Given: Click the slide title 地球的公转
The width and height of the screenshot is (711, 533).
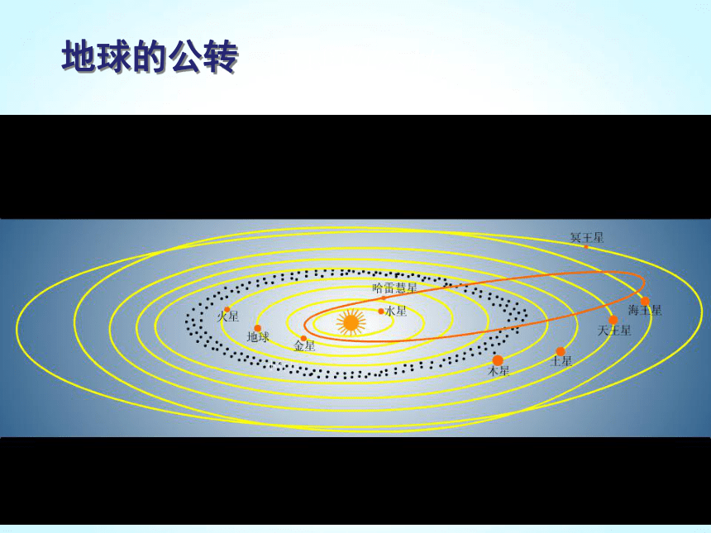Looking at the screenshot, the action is click(x=150, y=57).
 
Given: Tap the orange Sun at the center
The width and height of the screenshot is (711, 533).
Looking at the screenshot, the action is click(x=351, y=322).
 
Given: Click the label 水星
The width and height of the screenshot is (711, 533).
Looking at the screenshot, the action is click(x=396, y=311).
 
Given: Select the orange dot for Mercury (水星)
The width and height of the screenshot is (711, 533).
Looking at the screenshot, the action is click(x=381, y=311).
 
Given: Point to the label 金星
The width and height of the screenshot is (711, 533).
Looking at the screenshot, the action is click(x=304, y=346).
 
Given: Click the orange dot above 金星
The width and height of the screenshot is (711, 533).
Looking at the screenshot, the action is click(x=303, y=338).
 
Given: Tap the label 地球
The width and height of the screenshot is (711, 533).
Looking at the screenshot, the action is click(x=258, y=337).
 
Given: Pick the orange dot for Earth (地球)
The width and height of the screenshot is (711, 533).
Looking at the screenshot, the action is click(x=258, y=328).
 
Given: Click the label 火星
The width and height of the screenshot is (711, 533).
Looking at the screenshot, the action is click(x=227, y=316).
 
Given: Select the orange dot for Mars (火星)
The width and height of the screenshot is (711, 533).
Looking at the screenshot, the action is click(x=227, y=310).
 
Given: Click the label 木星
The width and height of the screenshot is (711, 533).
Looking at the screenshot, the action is click(x=499, y=371).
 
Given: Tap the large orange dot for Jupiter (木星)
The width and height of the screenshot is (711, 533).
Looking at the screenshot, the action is click(x=498, y=360).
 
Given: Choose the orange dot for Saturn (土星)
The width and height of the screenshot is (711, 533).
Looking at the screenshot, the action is click(x=561, y=351).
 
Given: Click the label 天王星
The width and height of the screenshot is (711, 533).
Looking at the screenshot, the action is click(x=614, y=331).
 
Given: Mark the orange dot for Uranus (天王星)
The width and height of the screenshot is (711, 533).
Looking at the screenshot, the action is click(x=613, y=320).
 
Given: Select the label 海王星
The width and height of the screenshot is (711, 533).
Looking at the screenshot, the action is click(x=645, y=311).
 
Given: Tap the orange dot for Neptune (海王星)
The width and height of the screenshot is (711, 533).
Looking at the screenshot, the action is click(x=645, y=301).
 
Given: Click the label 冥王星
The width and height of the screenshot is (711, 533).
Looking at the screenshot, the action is click(x=587, y=237).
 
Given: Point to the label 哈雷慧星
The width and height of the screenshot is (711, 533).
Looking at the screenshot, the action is click(x=394, y=288).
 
